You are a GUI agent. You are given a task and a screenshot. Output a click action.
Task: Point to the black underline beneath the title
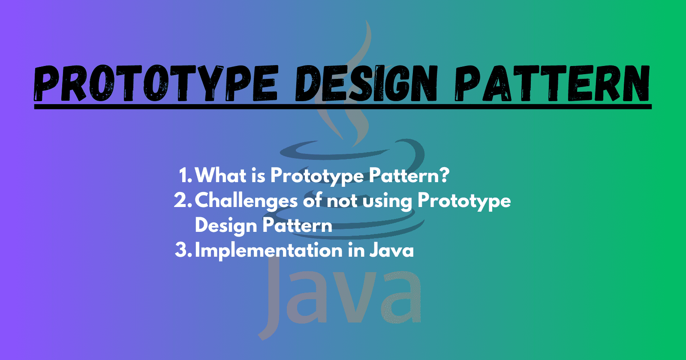click(x=343, y=106)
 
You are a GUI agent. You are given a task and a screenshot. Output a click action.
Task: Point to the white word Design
click(x=226, y=226)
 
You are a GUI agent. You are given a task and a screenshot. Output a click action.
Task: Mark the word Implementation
click(x=268, y=250)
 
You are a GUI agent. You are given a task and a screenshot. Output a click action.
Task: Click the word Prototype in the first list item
click(x=317, y=176)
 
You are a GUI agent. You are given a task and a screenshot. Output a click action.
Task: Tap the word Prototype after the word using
click(x=464, y=201)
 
